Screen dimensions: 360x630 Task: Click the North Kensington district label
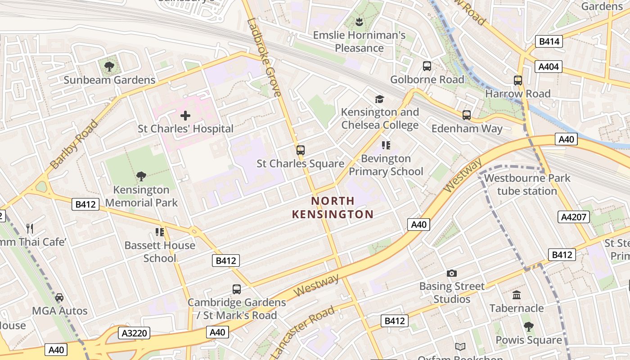point(333,207)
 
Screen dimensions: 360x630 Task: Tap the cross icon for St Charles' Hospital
point(185,116)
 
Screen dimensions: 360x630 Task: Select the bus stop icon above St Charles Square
point(300,150)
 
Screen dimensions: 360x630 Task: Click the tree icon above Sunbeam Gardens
point(109,67)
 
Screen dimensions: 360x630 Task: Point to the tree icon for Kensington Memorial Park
point(141,176)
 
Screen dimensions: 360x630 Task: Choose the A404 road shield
point(549,67)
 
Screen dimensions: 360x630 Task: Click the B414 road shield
point(549,42)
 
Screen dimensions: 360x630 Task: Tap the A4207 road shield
point(574,217)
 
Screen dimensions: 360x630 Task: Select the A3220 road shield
point(134,333)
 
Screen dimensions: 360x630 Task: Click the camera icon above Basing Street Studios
point(451,273)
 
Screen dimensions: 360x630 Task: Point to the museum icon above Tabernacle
point(517,295)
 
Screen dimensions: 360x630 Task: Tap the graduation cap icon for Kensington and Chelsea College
point(380,99)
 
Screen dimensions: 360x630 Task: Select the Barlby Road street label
point(74,144)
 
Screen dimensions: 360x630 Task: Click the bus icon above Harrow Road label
point(518,81)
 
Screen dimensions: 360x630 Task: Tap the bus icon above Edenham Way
point(467,115)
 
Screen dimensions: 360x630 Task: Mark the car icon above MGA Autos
point(59,297)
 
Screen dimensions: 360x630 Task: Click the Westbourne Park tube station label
point(527,184)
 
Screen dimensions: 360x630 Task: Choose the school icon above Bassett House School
point(160,232)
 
